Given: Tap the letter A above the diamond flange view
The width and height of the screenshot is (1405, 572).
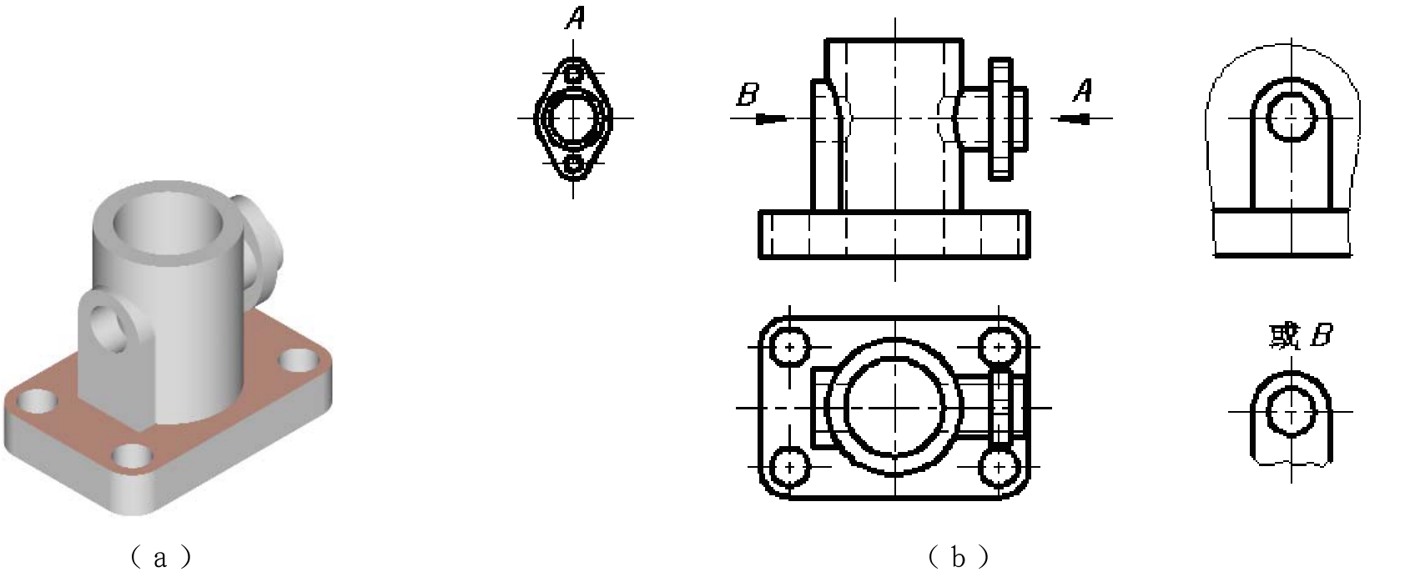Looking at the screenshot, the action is (x=575, y=18).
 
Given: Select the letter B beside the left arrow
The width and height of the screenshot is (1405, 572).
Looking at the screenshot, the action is (x=748, y=94).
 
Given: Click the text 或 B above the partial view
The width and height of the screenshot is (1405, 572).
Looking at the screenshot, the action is (x=1300, y=337).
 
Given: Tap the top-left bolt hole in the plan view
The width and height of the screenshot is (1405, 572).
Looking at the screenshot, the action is (x=789, y=347).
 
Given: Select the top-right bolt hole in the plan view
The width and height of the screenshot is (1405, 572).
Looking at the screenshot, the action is (x=999, y=347).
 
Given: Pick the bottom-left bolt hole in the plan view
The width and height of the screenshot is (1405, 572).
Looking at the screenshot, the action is (x=789, y=467).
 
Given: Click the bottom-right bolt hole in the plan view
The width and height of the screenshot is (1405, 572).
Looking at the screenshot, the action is (x=999, y=467).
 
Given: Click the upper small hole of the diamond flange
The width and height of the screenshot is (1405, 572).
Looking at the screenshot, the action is (x=573, y=73).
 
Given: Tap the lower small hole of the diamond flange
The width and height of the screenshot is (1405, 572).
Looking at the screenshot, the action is (x=573, y=166).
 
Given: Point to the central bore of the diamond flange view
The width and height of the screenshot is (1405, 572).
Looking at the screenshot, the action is (x=573, y=118).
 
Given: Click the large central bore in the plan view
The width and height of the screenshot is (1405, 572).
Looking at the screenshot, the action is (x=894, y=408).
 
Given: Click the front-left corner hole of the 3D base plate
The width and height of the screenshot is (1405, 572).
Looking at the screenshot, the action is (x=38, y=401).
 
